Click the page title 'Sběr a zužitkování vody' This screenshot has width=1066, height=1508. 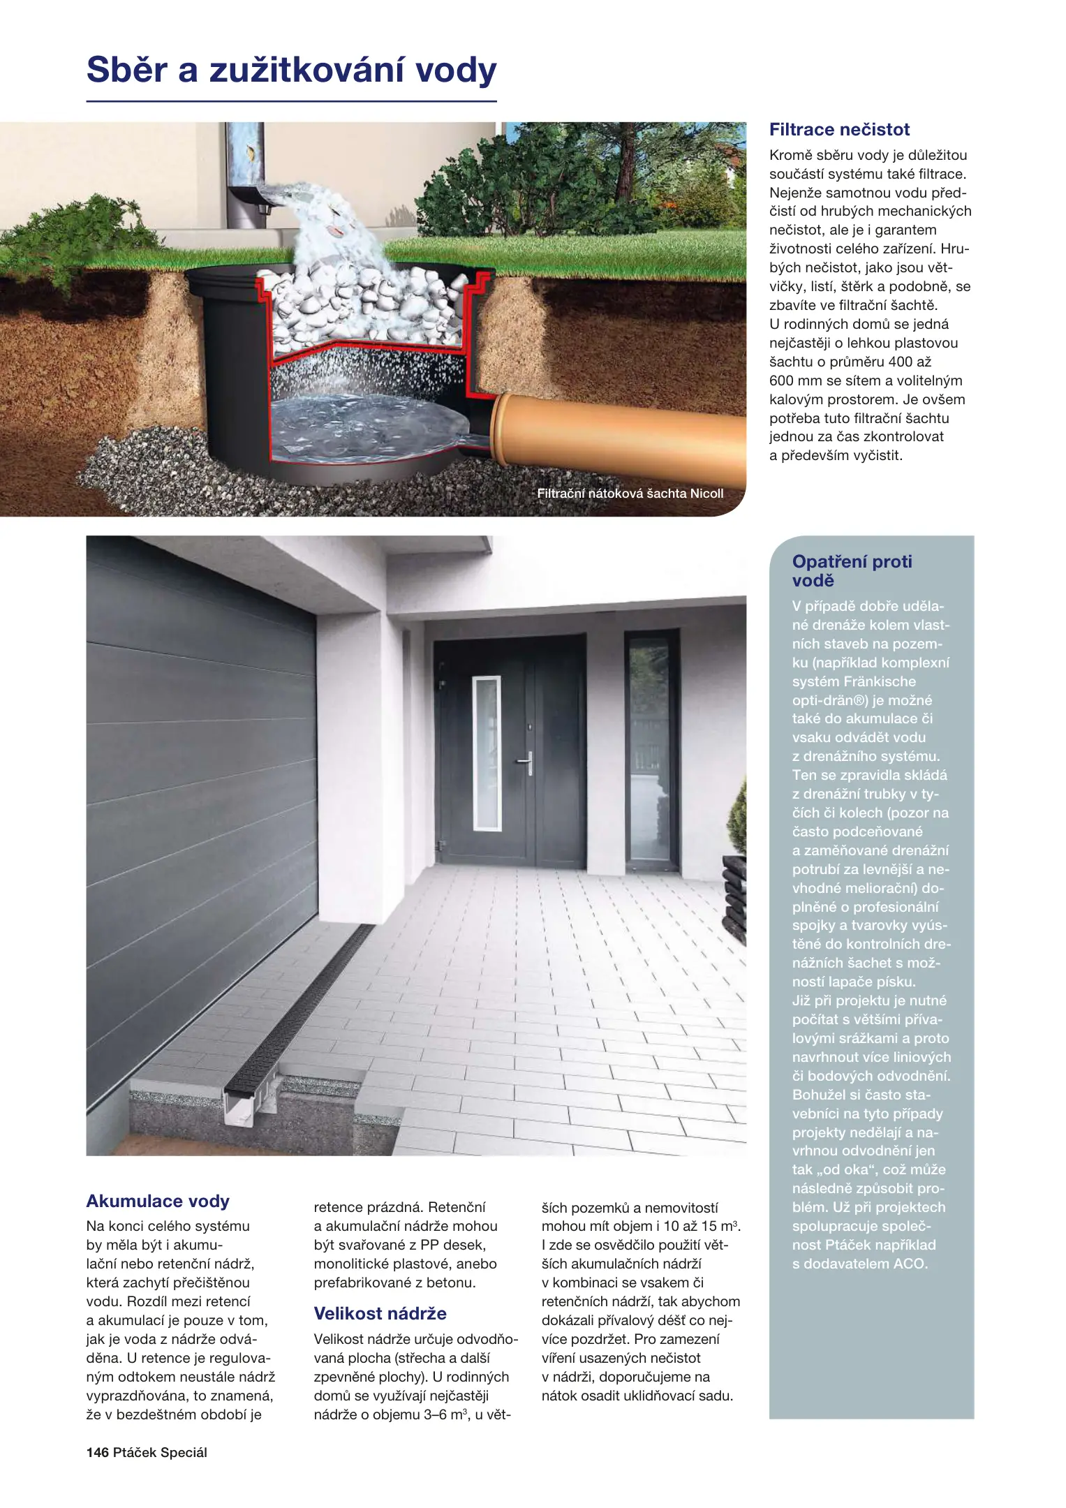click(291, 71)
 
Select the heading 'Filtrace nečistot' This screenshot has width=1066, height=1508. click(839, 130)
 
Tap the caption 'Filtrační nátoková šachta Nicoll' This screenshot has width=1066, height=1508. click(630, 494)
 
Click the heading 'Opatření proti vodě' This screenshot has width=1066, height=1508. click(852, 571)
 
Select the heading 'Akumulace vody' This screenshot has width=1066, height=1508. click(158, 1202)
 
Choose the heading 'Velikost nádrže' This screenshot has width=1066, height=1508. click(380, 1314)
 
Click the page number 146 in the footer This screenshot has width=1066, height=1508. click(97, 1453)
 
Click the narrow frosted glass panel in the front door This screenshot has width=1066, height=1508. click(487, 753)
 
